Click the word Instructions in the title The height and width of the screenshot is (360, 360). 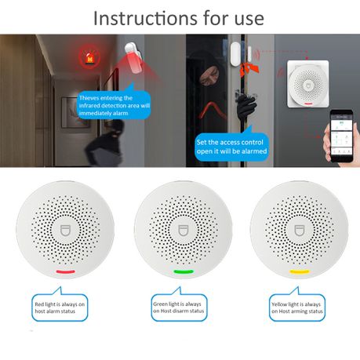140,16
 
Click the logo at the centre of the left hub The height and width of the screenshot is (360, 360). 64,233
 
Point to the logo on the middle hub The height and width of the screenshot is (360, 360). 181,233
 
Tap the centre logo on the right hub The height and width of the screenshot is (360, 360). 299,233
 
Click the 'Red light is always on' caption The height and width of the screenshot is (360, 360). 64,307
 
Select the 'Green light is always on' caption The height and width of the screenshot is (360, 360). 181,307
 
